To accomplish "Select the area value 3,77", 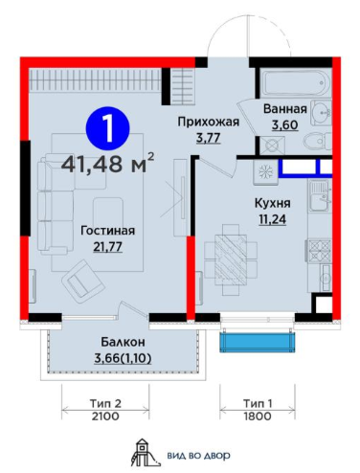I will point(205,138).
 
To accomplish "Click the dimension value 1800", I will point(254,417).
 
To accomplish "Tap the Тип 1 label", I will point(253,403).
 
